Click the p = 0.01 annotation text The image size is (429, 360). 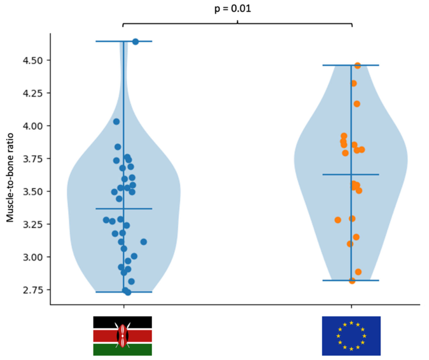point(233,9)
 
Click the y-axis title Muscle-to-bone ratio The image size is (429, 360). point(10,177)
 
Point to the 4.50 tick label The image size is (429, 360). point(33,60)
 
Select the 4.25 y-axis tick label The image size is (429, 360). point(33,93)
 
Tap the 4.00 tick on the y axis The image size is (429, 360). point(33,126)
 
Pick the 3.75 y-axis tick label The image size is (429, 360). point(33,159)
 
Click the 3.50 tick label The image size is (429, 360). point(33,191)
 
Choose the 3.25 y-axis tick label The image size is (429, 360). point(33,224)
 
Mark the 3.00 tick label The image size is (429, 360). point(33,257)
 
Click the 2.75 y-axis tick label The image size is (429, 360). point(33,290)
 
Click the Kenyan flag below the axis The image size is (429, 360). point(123,336)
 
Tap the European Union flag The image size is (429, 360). point(351,336)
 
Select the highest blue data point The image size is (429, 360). point(136,42)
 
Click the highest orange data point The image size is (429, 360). point(357,66)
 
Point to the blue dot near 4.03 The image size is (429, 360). point(116,122)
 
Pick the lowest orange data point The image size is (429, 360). point(352,281)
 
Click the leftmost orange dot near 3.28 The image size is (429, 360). point(338,220)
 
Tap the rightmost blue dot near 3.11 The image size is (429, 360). point(144,242)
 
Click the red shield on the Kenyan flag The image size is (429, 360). point(123,336)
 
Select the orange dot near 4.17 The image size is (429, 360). point(357,104)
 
